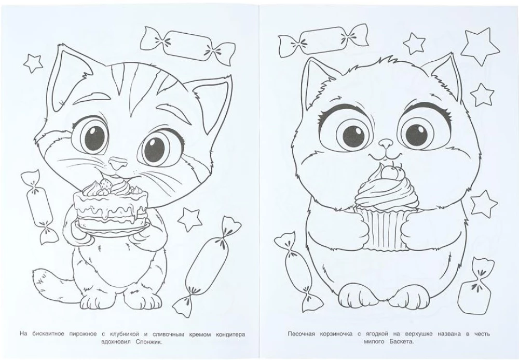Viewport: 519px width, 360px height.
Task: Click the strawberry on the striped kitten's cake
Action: coord(105,184)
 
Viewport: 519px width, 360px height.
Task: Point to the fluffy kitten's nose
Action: coord(385,143)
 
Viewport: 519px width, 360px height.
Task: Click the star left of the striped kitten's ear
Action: coord(33,63)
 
